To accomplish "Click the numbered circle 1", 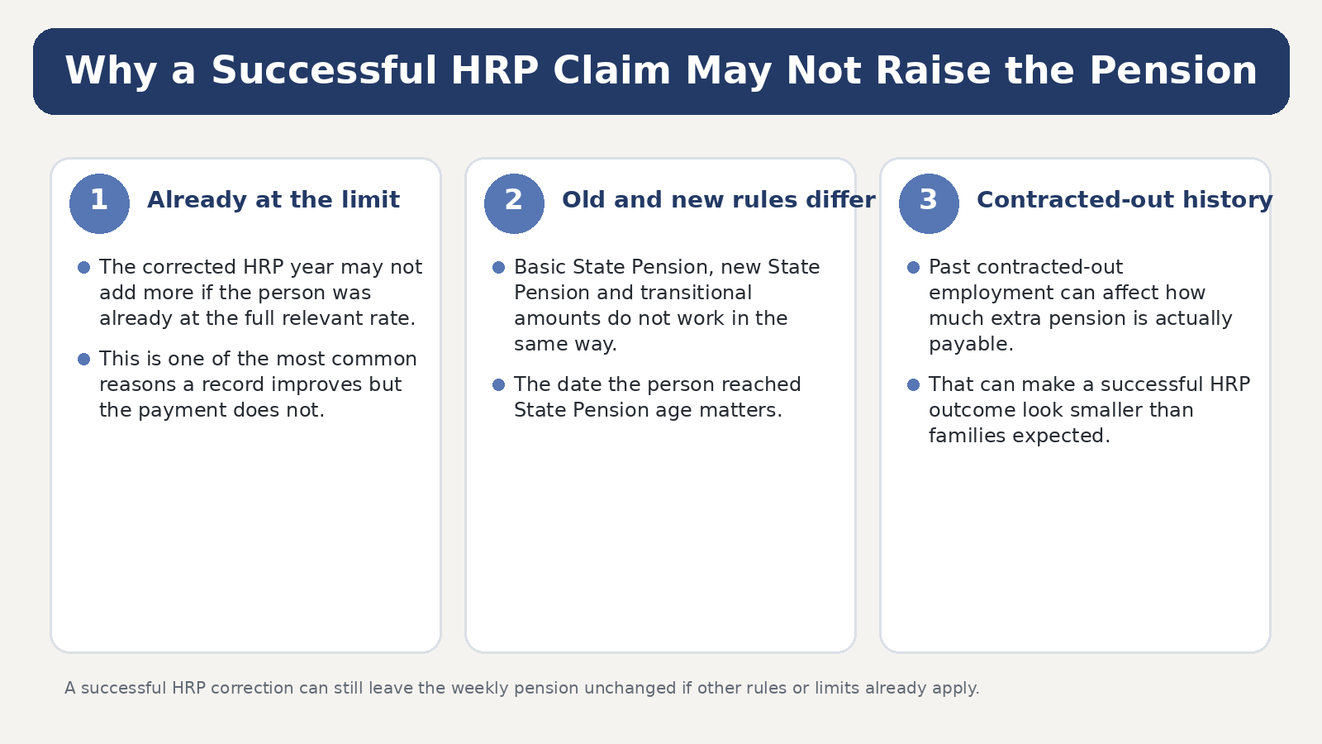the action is [x=99, y=203].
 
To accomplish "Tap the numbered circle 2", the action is [x=514, y=203].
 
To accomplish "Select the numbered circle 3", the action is [x=929, y=203].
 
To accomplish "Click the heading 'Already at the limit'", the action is [x=273, y=200].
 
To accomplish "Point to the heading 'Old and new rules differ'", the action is [x=718, y=200].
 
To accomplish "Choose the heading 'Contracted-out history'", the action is [x=1125, y=200].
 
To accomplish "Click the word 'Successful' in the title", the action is [x=324, y=70].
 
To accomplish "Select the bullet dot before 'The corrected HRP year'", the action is [x=83, y=268].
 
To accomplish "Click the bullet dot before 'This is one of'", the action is [x=83, y=359].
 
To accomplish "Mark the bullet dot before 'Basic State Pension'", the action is [x=499, y=268].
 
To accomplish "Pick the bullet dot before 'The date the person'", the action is [x=499, y=385].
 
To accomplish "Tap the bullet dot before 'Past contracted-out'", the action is [x=914, y=268].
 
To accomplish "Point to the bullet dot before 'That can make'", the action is [x=914, y=385].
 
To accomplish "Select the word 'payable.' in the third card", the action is [x=971, y=345].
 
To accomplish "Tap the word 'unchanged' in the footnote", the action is [x=626, y=689].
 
